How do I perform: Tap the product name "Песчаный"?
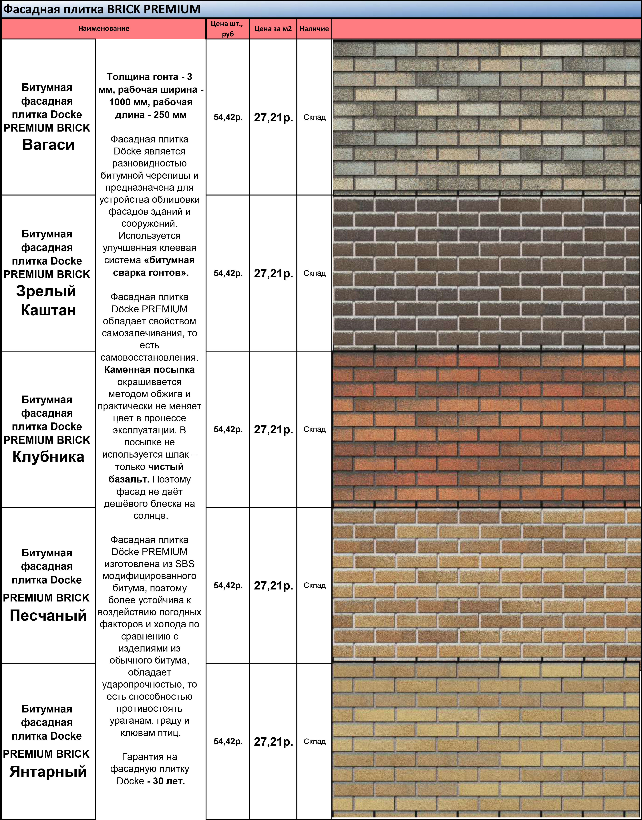point(48,616)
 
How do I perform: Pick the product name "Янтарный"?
point(48,771)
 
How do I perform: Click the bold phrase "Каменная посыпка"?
point(149,370)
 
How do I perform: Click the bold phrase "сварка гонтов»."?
point(151,273)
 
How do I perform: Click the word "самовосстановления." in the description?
point(149,358)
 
